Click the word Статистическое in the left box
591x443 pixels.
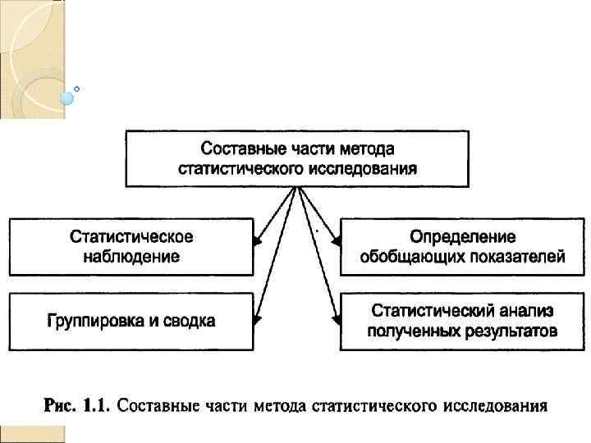[131, 237]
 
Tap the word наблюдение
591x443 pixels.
[131, 256]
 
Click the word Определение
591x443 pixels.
[463, 237]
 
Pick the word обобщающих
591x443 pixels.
[410, 257]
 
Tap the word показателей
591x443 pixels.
[515, 257]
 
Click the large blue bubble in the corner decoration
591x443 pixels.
[67, 98]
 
